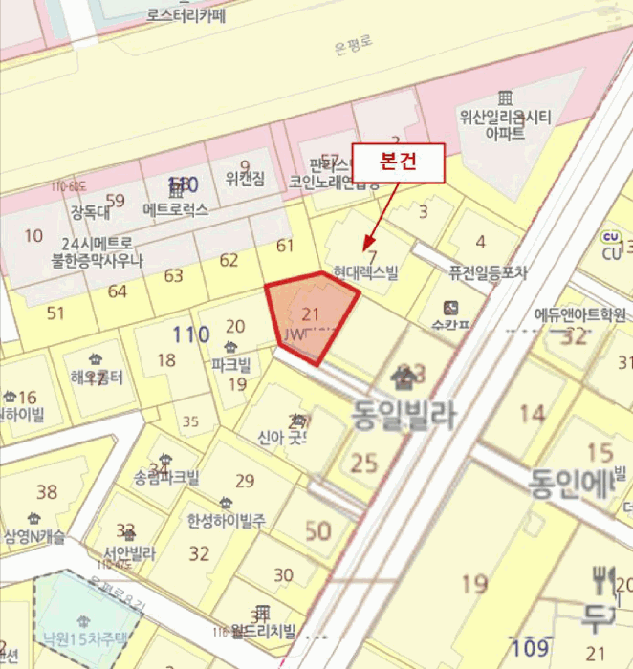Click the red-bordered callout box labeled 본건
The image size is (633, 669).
tap(399, 160)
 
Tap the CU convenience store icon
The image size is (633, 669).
tap(610, 237)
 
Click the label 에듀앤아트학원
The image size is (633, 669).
tap(580, 314)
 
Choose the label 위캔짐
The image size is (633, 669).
tap(245, 179)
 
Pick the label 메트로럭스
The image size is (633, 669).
tap(176, 208)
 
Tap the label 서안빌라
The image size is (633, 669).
tap(129, 552)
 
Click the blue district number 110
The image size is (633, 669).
tap(191, 334)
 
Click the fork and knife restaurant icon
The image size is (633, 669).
tap(603, 577)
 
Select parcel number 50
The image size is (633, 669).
tap(317, 531)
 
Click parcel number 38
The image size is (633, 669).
tap(46, 492)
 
